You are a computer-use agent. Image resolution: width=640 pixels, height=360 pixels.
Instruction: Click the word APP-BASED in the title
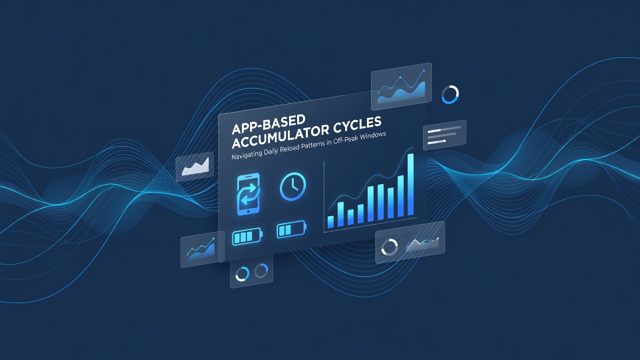click(268, 124)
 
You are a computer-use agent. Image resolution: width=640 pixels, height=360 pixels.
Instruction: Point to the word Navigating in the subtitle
click(246, 154)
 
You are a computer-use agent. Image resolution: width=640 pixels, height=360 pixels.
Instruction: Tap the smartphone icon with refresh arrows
click(248, 194)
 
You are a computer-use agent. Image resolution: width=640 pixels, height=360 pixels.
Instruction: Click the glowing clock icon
click(293, 186)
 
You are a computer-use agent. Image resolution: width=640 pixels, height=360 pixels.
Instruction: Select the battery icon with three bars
click(247, 236)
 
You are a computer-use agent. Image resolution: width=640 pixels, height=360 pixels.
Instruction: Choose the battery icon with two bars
click(291, 229)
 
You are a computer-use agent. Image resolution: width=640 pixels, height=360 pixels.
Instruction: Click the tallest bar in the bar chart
click(410, 184)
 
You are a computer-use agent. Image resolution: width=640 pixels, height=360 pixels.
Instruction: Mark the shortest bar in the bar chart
click(330, 221)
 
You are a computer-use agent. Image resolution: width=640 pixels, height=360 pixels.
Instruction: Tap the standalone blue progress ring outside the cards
click(450, 94)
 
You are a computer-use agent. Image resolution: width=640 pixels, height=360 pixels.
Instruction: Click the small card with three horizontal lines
click(444, 135)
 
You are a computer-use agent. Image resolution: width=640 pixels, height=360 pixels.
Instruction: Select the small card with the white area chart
click(195, 166)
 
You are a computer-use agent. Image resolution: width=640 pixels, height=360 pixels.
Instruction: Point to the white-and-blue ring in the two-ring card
click(242, 273)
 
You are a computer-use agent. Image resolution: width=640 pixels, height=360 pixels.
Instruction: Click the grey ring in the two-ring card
click(261, 270)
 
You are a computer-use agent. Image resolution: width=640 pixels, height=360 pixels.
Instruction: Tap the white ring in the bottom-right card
click(389, 247)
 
